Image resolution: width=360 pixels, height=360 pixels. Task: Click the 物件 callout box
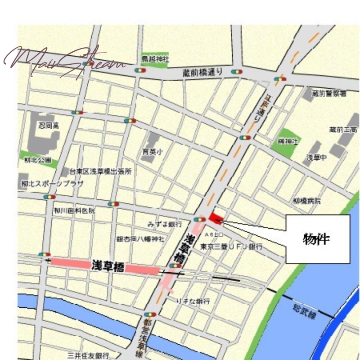point(318,239)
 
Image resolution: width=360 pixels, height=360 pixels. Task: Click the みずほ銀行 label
point(165,224)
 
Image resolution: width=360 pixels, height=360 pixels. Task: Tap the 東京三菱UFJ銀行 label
point(231,247)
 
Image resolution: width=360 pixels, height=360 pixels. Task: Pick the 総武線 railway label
point(304,310)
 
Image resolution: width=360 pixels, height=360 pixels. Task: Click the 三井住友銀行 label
point(88,355)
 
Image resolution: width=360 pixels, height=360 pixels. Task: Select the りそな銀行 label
point(193,301)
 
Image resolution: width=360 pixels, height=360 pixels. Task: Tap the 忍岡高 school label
point(48,126)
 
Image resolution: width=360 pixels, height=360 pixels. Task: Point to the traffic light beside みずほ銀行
point(198,219)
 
